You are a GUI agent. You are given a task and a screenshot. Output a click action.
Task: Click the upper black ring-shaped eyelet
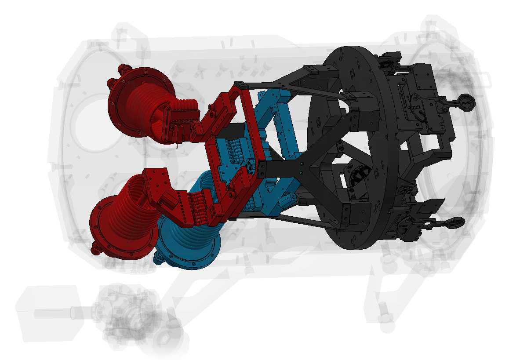466,102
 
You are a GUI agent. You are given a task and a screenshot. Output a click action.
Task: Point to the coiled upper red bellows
149,105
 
